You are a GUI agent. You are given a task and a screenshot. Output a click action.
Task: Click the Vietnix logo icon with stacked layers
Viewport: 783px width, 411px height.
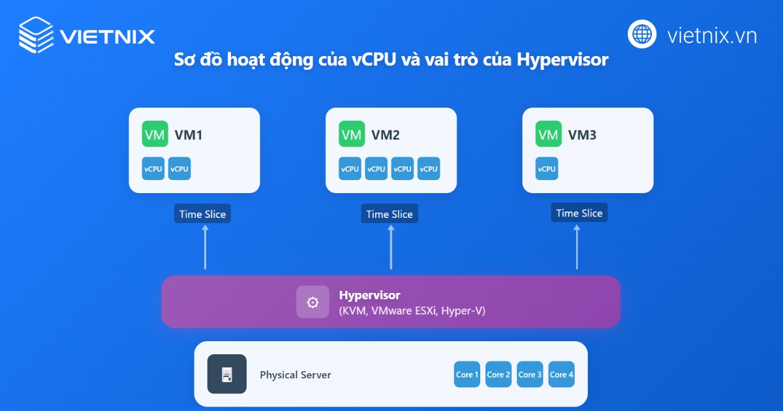click(36, 35)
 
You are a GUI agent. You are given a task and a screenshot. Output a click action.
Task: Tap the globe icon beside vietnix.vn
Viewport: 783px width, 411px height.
click(642, 34)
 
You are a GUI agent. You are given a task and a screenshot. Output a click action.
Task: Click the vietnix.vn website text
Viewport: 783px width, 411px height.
click(712, 35)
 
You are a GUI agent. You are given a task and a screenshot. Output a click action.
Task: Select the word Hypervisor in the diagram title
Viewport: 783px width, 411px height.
click(562, 60)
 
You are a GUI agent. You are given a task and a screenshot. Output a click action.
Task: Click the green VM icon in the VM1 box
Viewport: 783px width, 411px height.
click(155, 135)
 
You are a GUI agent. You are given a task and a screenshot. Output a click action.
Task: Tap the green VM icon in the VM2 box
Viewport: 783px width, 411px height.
click(352, 135)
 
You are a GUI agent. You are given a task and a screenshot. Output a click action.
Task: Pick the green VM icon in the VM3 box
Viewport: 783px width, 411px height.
click(549, 135)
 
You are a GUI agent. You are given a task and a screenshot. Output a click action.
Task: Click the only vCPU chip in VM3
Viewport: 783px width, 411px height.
click(547, 168)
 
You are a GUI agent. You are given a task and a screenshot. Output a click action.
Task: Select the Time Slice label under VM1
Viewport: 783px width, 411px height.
click(202, 214)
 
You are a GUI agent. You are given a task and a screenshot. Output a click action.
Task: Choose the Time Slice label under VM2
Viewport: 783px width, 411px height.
click(390, 214)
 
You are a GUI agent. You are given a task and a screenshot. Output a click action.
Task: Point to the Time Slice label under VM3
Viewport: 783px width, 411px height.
click(579, 213)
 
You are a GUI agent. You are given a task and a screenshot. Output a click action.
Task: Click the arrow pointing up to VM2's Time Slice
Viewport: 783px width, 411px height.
click(391, 248)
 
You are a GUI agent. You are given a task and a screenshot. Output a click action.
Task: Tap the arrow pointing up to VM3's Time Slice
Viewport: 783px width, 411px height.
click(577, 248)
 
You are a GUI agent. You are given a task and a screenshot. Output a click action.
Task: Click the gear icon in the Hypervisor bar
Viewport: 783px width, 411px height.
click(313, 302)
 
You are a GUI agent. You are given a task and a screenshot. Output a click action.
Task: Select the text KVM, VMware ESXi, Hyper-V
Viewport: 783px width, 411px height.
click(412, 311)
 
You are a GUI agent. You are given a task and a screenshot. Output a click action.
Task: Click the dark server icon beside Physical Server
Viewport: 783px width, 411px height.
click(226, 374)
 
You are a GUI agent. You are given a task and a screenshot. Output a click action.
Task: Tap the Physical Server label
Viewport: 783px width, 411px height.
click(295, 375)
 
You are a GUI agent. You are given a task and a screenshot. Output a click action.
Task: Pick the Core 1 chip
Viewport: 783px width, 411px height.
click(467, 374)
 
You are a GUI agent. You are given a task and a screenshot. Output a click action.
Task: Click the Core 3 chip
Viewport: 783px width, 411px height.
click(530, 374)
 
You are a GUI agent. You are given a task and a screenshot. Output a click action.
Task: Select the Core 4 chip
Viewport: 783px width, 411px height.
click(561, 374)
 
